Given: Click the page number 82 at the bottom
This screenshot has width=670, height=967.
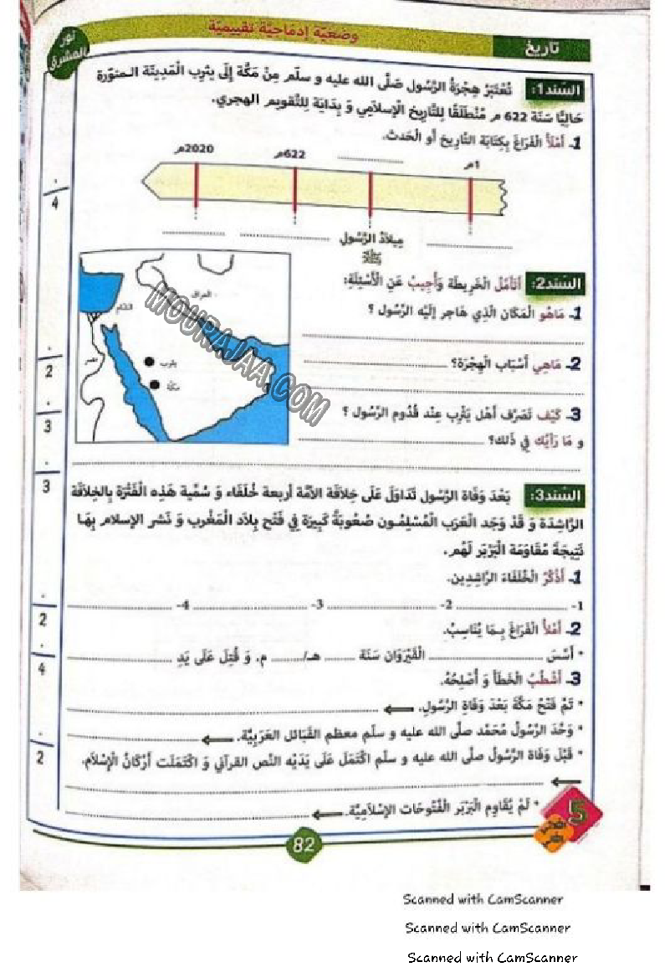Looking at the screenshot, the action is [x=303, y=844].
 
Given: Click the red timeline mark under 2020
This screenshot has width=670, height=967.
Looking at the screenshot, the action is [x=196, y=185].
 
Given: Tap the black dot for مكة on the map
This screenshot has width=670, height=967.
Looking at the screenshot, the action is [x=155, y=384].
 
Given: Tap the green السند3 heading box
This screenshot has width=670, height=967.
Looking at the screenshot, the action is [x=556, y=496].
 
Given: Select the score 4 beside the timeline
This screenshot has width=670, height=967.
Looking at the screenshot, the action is [x=55, y=204].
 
